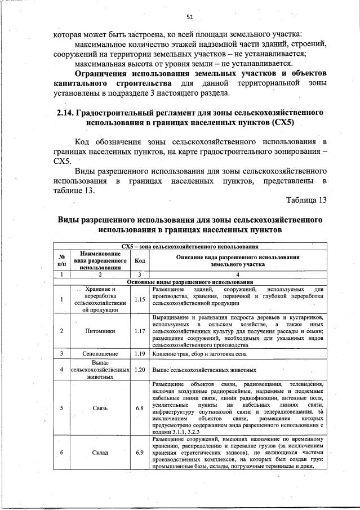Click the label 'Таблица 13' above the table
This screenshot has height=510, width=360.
click(x=306, y=200)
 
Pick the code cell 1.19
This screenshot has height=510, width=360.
click(x=140, y=354)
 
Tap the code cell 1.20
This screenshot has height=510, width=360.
click(x=140, y=370)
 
